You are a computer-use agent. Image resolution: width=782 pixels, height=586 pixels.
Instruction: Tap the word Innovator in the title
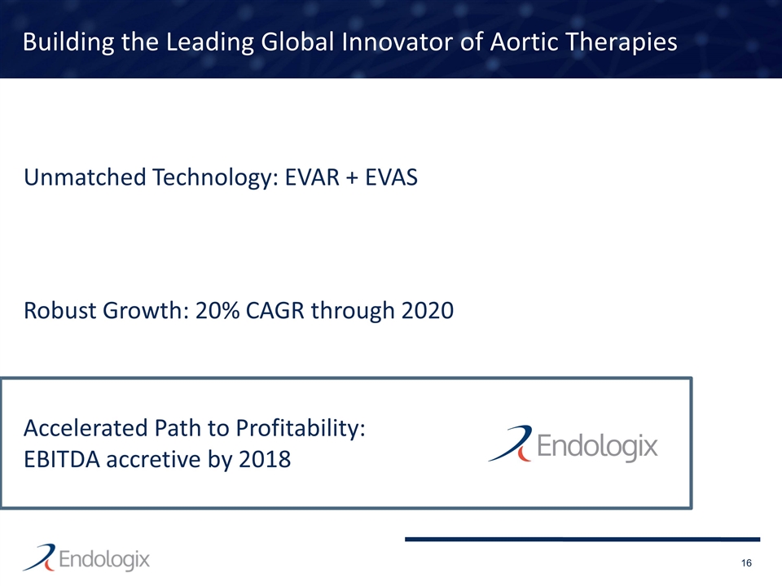click(391, 42)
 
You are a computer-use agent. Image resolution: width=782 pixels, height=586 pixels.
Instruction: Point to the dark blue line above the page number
click(582, 539)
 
